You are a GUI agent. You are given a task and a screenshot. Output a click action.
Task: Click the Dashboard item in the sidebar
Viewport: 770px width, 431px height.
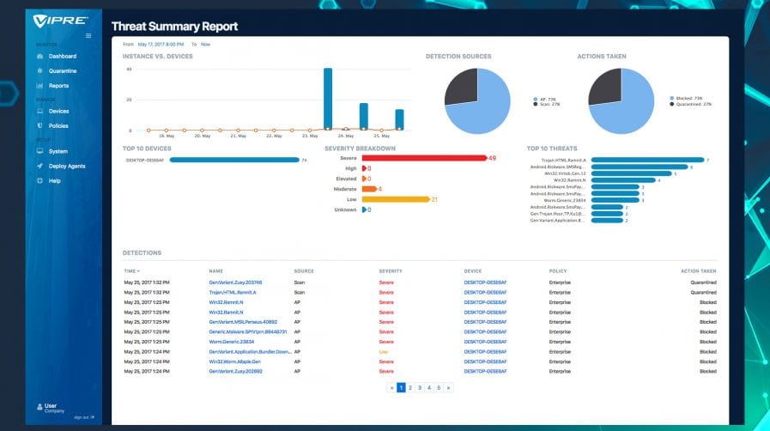(62, 57)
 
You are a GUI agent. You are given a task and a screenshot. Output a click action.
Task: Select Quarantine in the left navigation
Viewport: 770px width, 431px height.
(62, 70)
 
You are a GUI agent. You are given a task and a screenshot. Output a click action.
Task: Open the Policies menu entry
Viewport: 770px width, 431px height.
(58, 125)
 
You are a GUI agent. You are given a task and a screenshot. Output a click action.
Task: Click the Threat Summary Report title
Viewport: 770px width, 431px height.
(174, 27)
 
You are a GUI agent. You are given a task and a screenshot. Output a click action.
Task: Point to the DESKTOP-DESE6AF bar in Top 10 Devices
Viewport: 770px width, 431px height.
(233, 160)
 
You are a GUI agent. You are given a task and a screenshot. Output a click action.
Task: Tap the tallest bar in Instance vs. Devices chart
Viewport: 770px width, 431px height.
(328, 99)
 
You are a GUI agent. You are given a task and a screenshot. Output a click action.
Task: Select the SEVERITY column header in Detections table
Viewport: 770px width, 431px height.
(391, 271)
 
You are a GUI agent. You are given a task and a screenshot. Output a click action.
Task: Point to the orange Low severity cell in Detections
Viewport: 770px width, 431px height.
(383, 351)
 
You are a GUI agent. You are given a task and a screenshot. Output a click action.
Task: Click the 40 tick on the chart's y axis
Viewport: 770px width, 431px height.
(129, 69)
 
